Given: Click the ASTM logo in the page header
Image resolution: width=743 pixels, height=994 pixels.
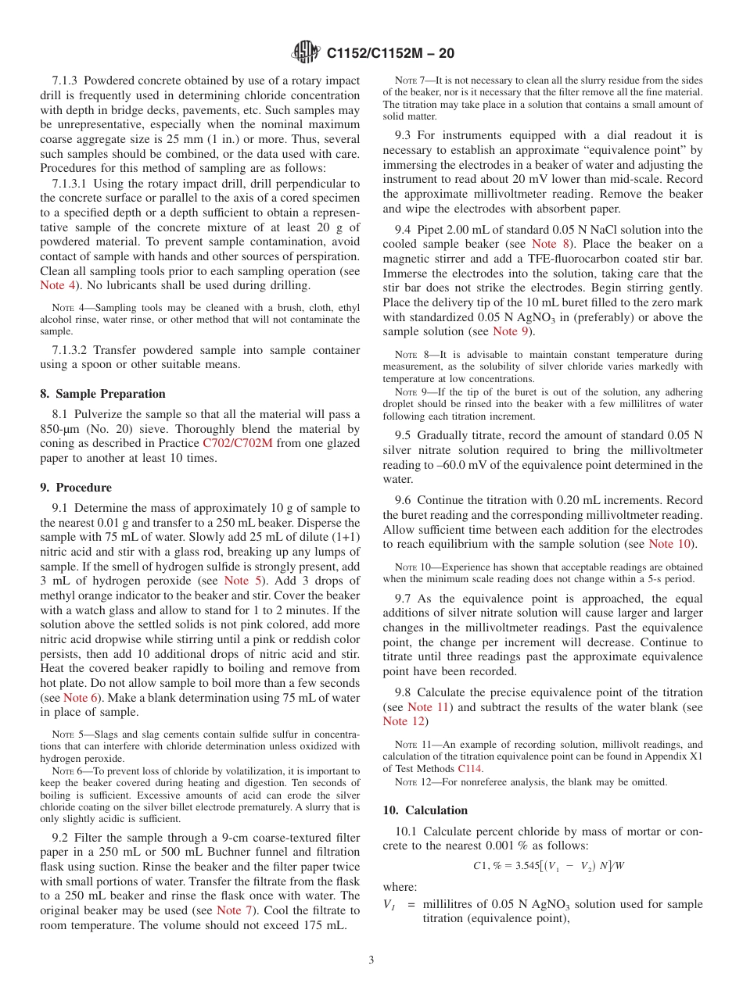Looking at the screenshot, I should pyautogui.click(x=305, y=52).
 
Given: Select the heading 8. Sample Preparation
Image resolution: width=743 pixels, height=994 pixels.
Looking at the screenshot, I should pyautogui.click(x=103, y=394).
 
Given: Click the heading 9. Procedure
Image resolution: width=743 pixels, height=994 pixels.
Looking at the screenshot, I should pyautogui.click(x=76, y=488).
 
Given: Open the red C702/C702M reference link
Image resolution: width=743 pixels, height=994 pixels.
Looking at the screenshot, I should pyautogui.click(x=238, y=443).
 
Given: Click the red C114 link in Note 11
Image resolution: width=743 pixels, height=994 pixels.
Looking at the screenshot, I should pyautogui.click(x=469, y=768).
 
